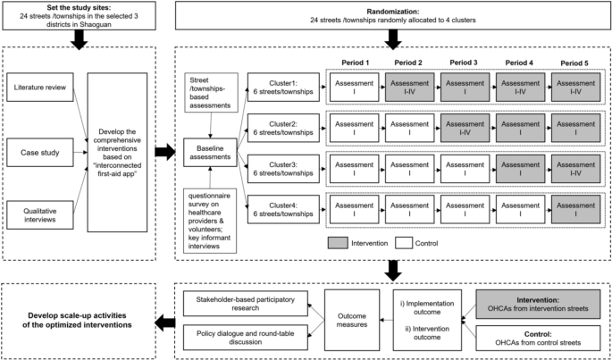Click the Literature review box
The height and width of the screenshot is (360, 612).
click(x=42, y=90)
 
